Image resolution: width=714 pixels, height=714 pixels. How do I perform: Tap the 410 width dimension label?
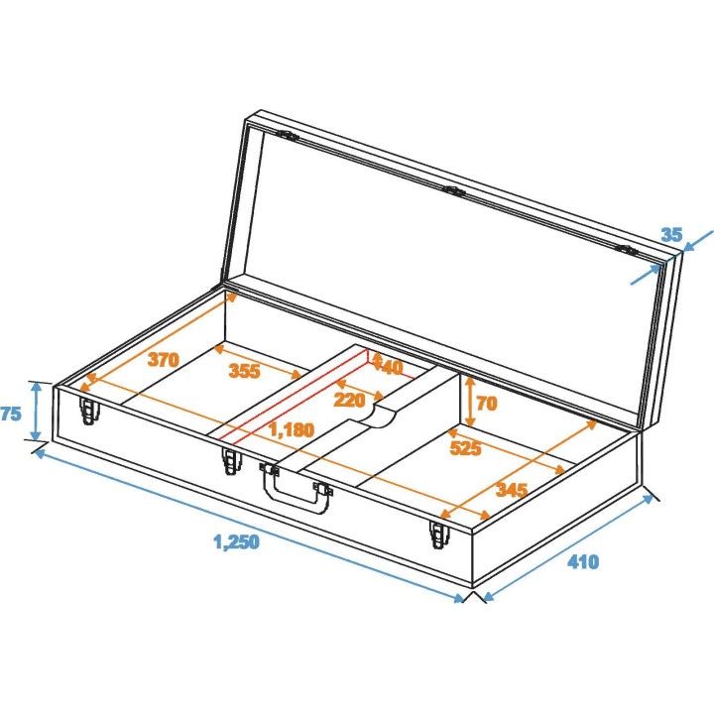[582, 562]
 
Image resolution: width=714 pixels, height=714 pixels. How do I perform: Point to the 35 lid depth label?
[671, 235]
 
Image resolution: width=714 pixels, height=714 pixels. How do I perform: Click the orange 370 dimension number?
[164, 359]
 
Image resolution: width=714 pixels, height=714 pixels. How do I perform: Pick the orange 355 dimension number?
[245, 372]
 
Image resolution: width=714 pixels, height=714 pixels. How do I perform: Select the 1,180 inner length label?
[292, 430]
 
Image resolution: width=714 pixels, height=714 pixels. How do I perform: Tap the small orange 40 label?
[391, 367]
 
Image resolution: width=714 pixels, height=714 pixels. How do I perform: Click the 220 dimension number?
[349, 400]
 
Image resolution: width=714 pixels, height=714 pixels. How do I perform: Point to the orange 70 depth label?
[485, 404]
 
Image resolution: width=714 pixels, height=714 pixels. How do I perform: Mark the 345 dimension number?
[511, 490]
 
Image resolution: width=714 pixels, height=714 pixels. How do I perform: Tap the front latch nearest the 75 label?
[90, 410]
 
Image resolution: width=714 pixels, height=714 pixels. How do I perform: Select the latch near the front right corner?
[437, 534]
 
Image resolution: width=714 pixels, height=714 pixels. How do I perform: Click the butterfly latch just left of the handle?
[231, 462]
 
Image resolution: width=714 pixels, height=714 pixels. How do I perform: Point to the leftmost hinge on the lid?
[287, 135]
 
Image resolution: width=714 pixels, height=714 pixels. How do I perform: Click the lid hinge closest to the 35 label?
[627, 250]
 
